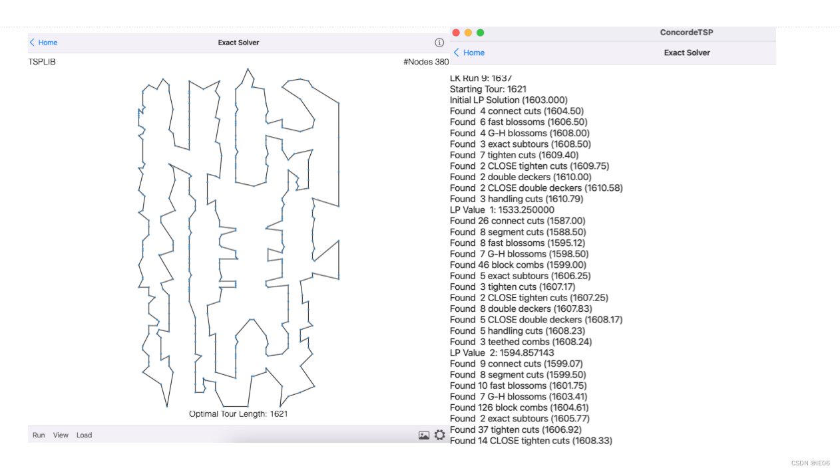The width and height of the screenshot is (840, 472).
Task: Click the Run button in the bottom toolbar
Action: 39,435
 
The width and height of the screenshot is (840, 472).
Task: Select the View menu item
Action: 61,435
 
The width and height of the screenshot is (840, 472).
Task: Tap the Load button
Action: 84,435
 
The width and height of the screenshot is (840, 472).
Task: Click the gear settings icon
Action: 440,435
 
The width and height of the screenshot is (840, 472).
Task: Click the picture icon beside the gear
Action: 424,435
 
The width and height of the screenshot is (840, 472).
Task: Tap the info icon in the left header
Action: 439,43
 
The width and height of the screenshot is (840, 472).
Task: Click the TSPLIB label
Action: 42,62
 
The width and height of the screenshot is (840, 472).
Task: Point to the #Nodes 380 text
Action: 426,62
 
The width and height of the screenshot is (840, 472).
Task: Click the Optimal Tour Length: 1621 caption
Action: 238,413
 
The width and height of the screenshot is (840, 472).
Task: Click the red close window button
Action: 456,33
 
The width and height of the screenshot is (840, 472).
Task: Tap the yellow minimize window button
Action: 468,33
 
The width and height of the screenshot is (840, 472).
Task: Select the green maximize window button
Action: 481,33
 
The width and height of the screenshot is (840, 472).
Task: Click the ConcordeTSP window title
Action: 686,33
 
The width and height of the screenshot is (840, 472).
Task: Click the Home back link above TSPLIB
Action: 44,43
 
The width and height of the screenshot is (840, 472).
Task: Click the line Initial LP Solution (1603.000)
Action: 509,100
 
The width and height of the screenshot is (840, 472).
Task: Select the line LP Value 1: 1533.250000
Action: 502,209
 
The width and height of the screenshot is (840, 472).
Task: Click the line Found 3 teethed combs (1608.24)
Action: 521,342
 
